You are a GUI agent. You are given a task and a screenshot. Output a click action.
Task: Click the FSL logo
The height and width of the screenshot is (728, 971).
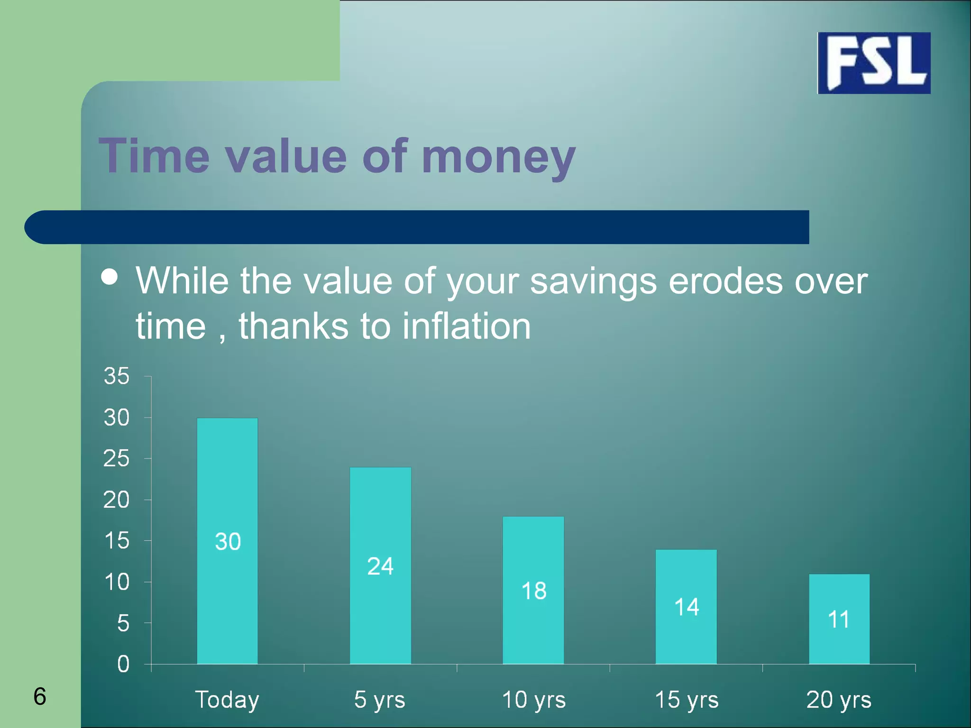coord(874,63)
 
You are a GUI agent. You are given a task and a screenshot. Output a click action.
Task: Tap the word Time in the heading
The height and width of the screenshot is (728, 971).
coord(154,156)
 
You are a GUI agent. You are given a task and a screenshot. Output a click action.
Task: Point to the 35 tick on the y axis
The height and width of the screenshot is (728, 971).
coord(117,376)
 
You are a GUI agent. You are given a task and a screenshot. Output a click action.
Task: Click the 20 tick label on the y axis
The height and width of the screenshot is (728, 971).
coord(117,500)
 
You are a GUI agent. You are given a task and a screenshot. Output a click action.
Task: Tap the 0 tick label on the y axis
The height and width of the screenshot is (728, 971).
coord(123,664)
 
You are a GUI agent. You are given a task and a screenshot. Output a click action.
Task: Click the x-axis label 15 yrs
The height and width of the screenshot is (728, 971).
coord(687,700)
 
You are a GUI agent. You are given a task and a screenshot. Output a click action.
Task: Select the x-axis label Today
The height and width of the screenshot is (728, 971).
coord(227,700)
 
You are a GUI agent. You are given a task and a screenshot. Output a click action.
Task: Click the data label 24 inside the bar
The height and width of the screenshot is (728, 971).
coord(380,566)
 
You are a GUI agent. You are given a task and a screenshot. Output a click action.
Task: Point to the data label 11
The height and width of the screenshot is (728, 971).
coord(838,619)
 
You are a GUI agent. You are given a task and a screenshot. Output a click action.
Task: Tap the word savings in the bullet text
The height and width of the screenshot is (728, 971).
coord(593,282)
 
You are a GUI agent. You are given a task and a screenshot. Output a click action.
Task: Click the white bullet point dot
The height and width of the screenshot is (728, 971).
coord(110,277)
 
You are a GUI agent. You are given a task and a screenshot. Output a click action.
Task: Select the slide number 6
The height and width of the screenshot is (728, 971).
coord(40,696)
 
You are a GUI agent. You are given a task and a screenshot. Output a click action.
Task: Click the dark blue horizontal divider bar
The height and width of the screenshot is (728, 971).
coord(417,227)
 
